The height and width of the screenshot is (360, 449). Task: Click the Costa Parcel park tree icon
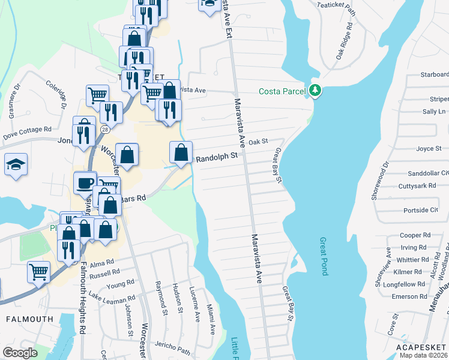[315, 91]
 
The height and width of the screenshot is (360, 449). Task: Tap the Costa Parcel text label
[283, 91]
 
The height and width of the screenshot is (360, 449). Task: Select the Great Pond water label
[324, 256]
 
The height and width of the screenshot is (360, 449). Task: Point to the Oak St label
[257, 142]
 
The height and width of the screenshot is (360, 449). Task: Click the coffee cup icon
[85, 182]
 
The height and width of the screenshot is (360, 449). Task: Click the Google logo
[20, 353]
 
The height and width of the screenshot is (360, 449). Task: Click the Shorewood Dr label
[379, 180]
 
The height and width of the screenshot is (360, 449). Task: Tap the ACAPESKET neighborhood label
[422, 347]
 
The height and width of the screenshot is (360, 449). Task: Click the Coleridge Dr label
[61, 97]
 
